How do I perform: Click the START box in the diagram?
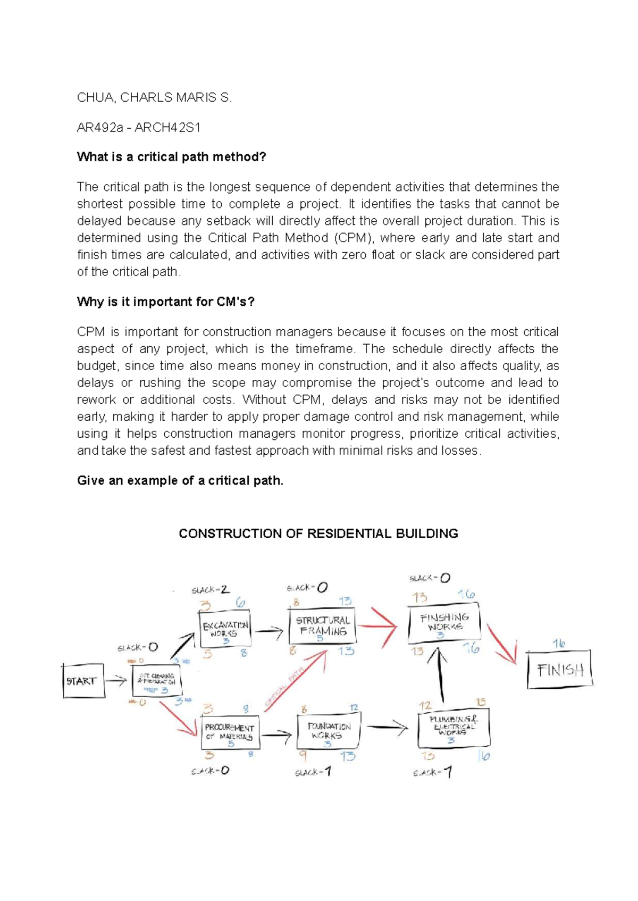82,680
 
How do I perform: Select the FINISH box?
559,670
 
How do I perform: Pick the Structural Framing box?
323,627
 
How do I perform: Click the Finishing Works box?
444,622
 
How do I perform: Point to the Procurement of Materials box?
230,732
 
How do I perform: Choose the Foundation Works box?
328,731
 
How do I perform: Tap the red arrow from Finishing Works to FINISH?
502,644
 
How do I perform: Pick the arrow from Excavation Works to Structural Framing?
270,632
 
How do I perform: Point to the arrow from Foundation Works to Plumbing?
388,727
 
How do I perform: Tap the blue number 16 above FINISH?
558,644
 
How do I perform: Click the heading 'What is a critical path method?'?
171,157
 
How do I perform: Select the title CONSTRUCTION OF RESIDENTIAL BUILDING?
318,533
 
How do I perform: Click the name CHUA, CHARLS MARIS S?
154,97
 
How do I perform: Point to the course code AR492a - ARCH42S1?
139,127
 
